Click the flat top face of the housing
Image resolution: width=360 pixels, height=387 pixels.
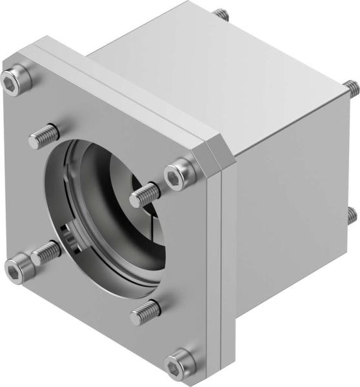[213, 64]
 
